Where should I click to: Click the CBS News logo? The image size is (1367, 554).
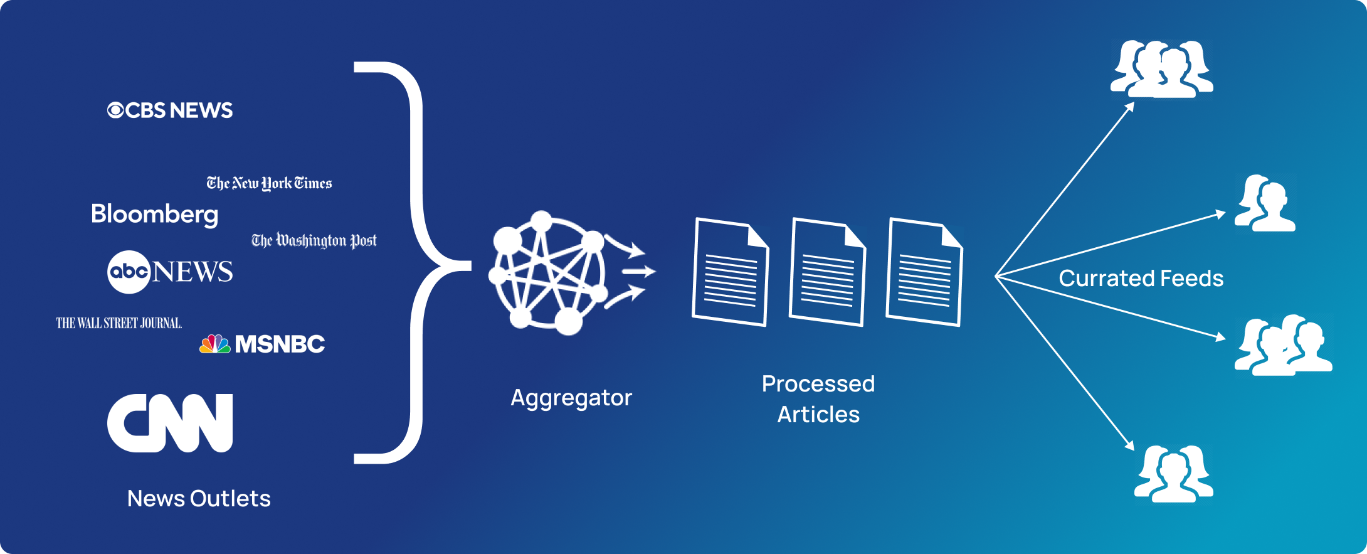pos(170,110)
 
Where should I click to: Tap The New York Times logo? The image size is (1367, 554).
pos(269,183)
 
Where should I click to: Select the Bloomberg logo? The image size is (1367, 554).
pos(154,214)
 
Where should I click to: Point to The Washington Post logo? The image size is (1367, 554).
pos(314,240)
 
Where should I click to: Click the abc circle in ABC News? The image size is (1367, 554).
pos(129,272)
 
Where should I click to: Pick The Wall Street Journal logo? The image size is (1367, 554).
pos(119,323)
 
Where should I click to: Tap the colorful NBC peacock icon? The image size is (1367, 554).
pos(215,344)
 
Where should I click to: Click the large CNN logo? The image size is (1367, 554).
pos(170,423)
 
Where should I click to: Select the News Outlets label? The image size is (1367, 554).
pos(199,499)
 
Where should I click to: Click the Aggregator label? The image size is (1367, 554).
pos(571,398)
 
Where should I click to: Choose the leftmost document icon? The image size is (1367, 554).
pos(731,272)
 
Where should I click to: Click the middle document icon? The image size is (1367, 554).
pos(827,272)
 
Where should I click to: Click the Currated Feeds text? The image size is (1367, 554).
pos(1141,279)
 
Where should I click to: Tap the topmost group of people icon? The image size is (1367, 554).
pos(1161,69)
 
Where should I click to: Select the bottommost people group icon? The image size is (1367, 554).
pos(1174,474)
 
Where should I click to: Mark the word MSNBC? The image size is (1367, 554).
pos(280,344)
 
